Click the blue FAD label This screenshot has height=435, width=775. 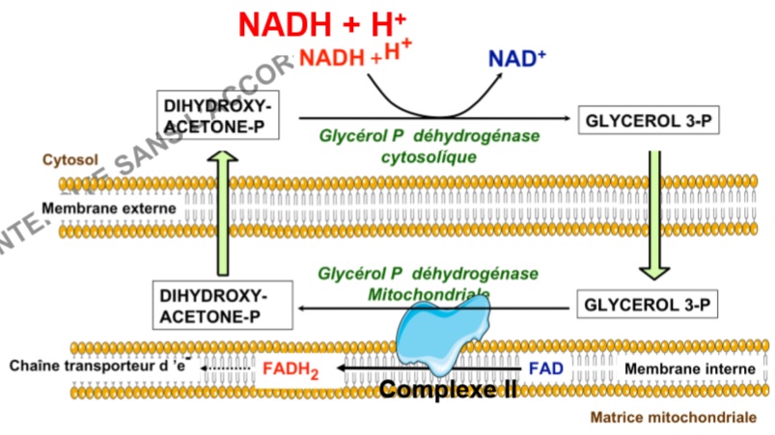tap(544, 368)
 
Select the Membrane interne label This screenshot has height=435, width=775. tap(678, 368)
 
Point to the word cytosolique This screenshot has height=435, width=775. tap(429, 156)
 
